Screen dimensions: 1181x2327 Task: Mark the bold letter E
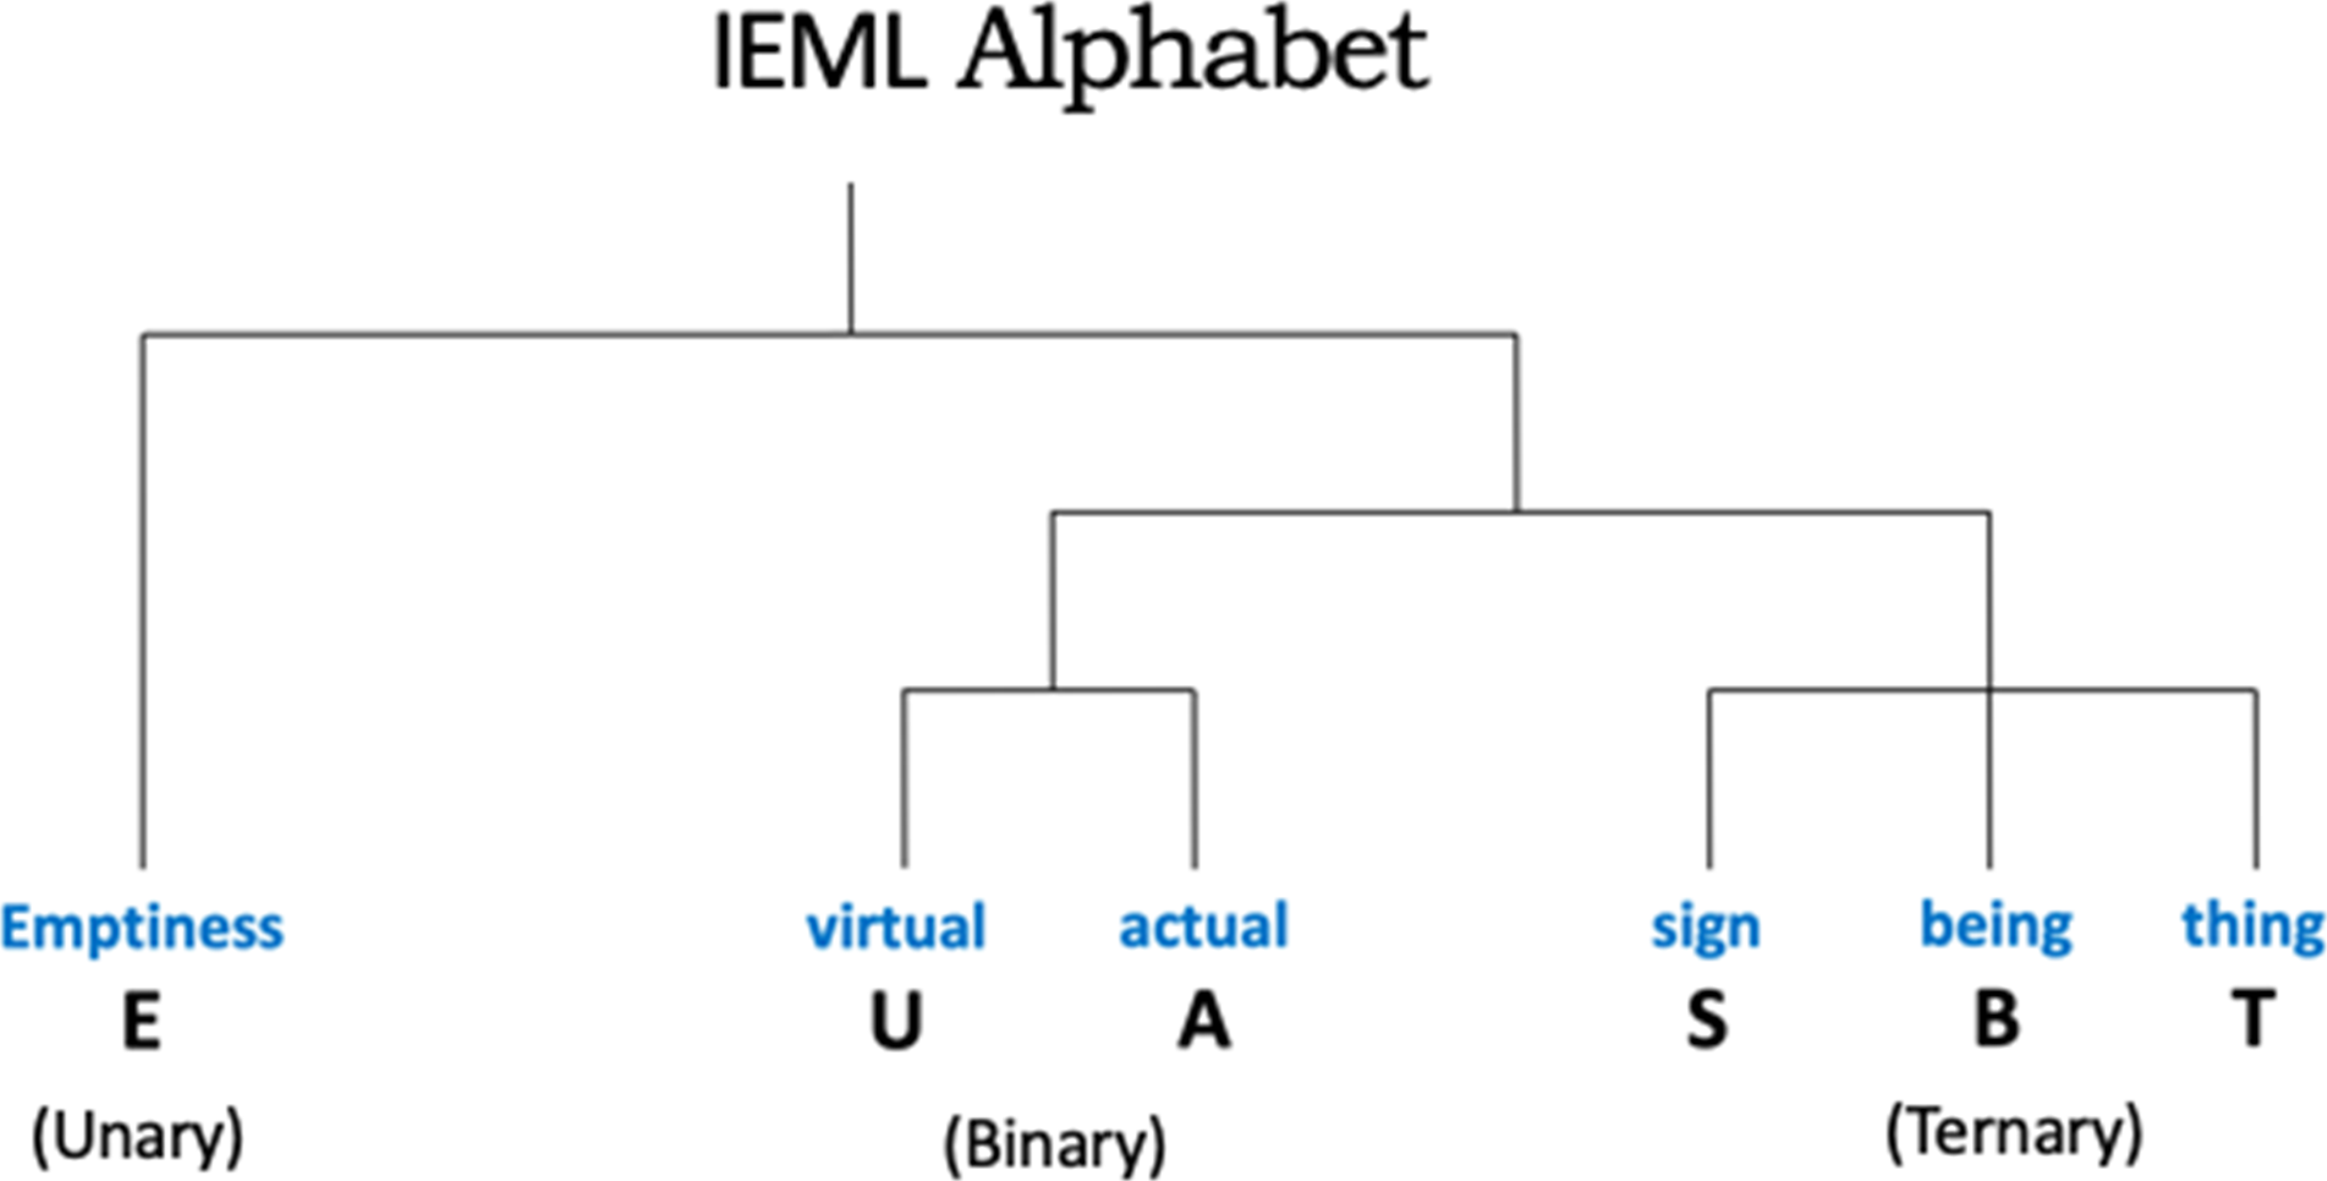[x=142, y=1021]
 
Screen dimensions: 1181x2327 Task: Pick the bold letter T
[x=2253, y=1021]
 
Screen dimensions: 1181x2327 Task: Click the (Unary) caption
[x=138, y=1137]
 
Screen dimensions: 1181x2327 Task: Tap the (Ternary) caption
[x=2014, y=1133]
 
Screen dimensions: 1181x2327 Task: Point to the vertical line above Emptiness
[x=143, y=597]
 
